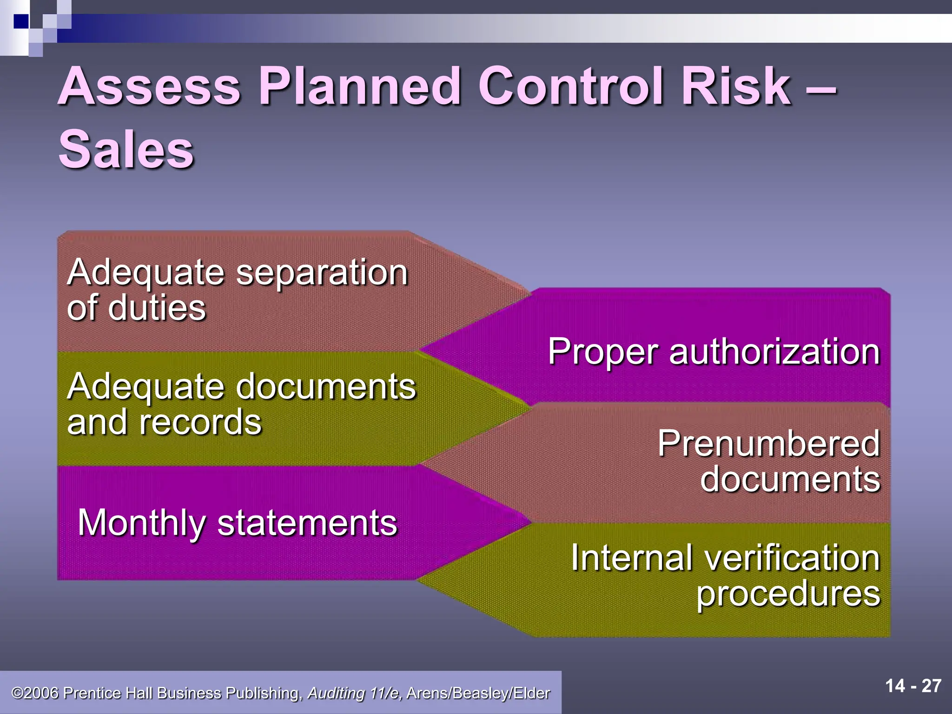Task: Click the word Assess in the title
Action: pos(149,86)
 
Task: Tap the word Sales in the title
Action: pos(126,150)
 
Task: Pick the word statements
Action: pos(307,523)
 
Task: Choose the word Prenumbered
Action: pos(769,443)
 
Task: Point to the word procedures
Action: pos(788,595)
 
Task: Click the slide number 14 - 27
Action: pos(913,686)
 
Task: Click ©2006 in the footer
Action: pos(35,693)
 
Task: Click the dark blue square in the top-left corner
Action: pos(21,21)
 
